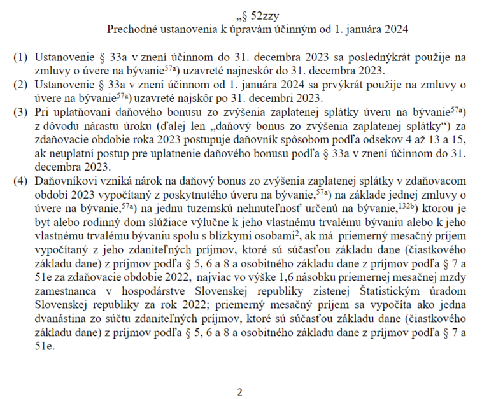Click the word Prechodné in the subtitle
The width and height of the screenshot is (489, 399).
coord(131,29)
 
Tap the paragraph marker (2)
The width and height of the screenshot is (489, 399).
coord(20,85)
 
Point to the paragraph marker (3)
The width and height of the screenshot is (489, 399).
coord(20,113)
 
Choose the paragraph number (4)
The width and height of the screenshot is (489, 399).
coord(20,181)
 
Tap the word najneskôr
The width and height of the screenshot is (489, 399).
coord(251,71)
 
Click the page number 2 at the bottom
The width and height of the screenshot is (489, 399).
coord(239,391)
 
